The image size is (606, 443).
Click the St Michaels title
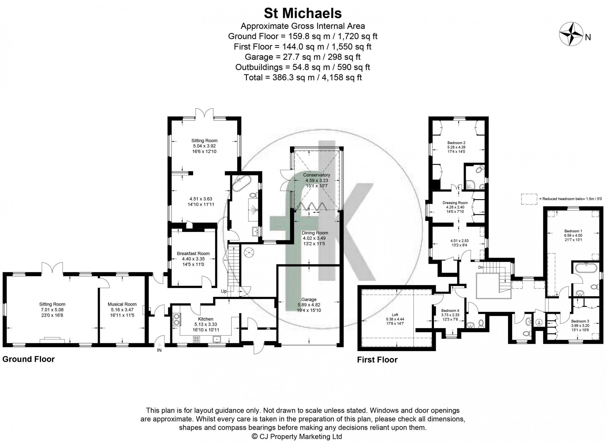pos(303,13)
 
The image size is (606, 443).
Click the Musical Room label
pos(122,304)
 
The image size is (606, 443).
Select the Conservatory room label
pos(316,175)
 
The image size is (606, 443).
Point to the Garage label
pos(309,299)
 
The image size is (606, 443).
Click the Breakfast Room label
pos(193,253)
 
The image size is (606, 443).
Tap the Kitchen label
pos(205,319)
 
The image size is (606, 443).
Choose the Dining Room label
pos(315,233)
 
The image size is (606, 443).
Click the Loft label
pos(395,315)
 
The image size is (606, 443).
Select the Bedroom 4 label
pos(450,310)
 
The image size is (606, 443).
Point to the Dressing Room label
pos(455,203)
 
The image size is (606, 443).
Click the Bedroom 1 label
pos(573,231)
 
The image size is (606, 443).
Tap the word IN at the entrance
pos(159,350)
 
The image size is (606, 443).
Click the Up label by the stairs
pos(224,291)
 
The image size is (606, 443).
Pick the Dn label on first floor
pos(481,267)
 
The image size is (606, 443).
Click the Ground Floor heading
pos(28,359)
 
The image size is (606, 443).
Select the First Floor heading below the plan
pos(377,360)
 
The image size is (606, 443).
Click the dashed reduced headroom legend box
pos(529,199)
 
